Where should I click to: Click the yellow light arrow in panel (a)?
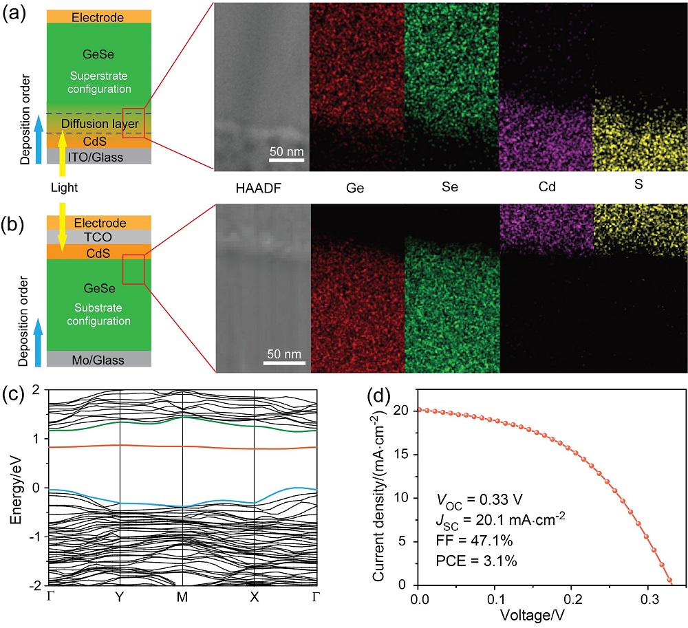(62, 151)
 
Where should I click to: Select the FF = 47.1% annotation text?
(473, 541)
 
